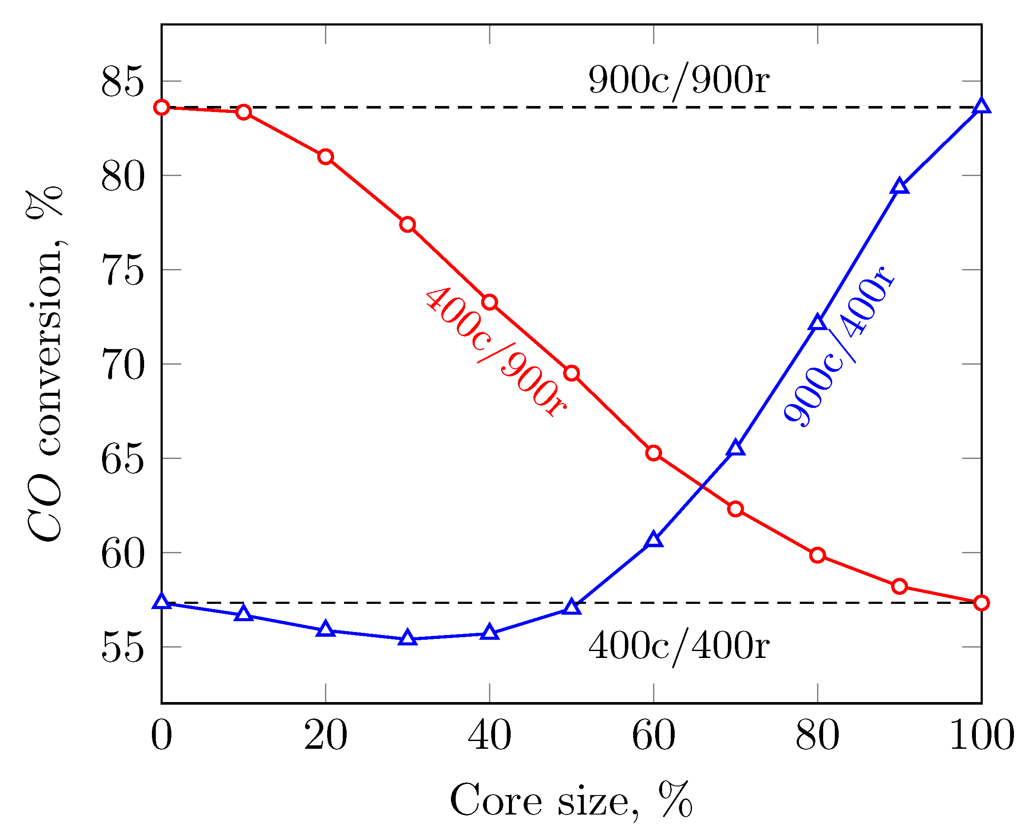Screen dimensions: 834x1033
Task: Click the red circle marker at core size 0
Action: coord(161,107)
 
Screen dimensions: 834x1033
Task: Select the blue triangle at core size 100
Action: coord(981,106)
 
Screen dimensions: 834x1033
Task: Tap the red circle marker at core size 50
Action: coord(571,373)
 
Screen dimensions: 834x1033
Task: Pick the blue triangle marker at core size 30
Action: coord(408,638)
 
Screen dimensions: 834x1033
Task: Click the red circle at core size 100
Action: coord(981,603)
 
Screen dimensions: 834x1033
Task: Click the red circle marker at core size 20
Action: coord(325,157)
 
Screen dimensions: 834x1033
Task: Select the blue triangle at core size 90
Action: coord(899,187)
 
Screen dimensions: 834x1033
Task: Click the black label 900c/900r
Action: coord(679,81)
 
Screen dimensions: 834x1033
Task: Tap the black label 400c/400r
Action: coord(679,647)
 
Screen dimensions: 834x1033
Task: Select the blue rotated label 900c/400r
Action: coord(839,346)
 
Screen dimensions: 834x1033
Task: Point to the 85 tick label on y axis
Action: coord(122,82)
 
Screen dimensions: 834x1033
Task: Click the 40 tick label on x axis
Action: coord(489,735)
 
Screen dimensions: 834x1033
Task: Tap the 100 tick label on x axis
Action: coord(982,735)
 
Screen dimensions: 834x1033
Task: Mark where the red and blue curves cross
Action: coord(702,487)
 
